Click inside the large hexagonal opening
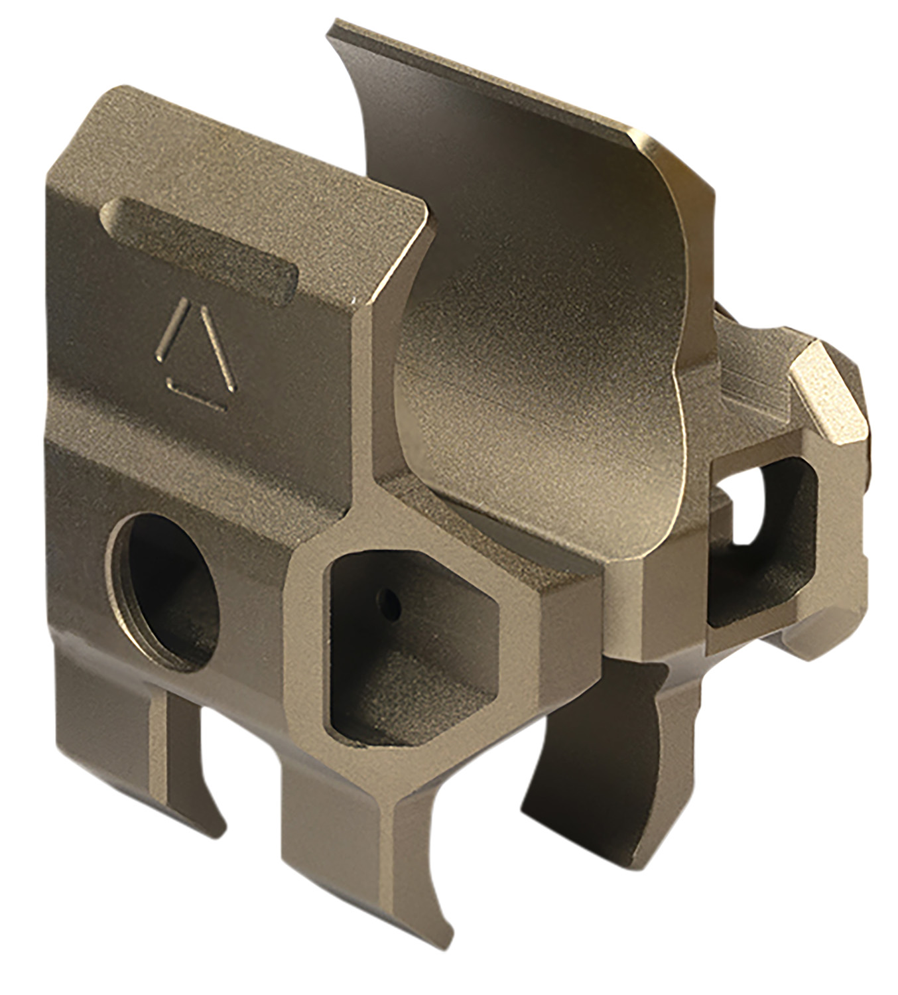pyautogui.click(x=398, y=637)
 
